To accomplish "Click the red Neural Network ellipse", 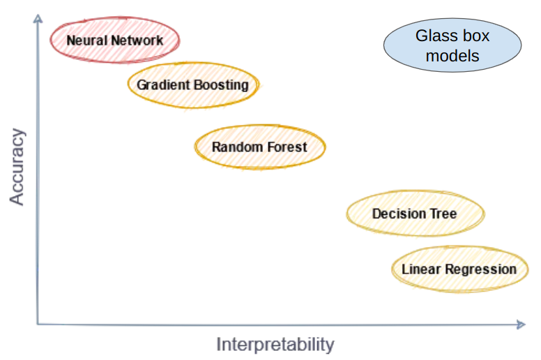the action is coord(115,40).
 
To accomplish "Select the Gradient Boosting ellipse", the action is coord(193,85).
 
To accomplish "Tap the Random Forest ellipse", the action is coord(260,147).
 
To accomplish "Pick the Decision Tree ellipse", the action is coord(416,213).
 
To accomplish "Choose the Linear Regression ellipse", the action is coord(460,269).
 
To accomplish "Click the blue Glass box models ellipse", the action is coord(452,45).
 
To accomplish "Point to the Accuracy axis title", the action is coord(17,167).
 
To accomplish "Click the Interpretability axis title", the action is coord(275,345).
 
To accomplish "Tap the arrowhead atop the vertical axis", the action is coord(38,18).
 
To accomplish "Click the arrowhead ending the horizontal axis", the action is coord(521,324).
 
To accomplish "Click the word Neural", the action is coord(86,40).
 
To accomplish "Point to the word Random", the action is coord(237,147).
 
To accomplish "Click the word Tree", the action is coord(443,213).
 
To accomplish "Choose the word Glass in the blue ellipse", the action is coord(434,36).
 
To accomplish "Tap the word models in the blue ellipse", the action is coord(452,56).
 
